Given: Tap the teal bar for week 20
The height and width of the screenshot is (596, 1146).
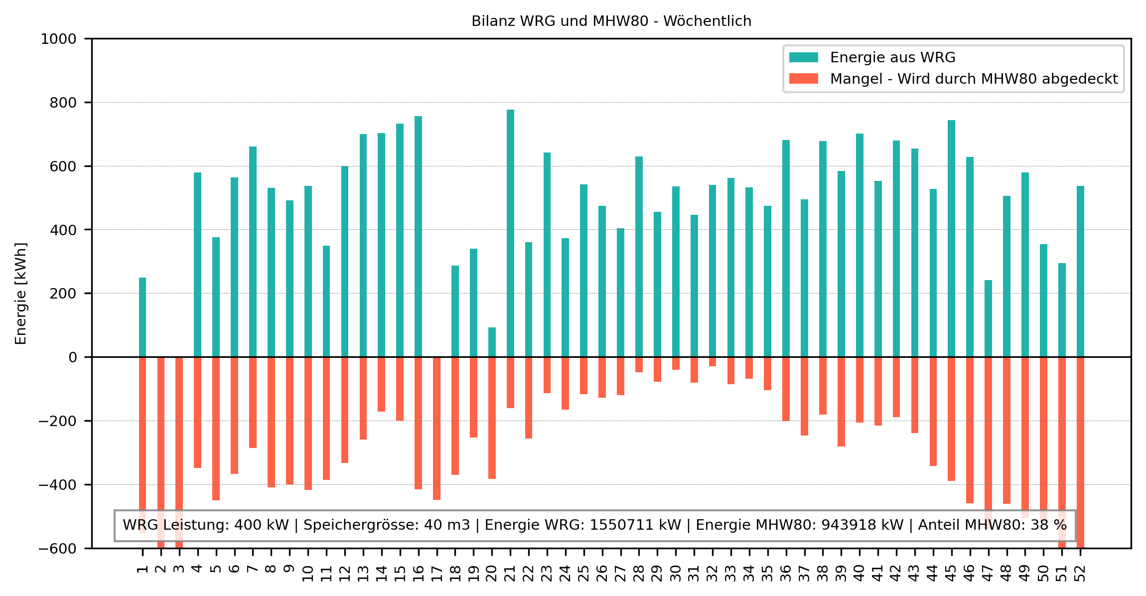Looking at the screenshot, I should pyautogui.click(x=492, y=342).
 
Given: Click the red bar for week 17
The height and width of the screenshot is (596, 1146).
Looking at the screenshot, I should pyautogui.click(x=436, y=428).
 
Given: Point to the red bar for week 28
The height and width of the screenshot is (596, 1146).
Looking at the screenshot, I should pyautogui.click(x=639, y=364).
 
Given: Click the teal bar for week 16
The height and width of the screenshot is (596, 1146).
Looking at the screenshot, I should pyautogui.click(x=418, y=236).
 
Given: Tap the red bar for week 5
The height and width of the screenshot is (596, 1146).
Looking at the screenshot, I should pyautogui.click(x=216, y=428).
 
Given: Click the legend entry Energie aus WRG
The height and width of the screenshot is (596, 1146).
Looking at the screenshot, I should pyautogui.click(x=892, y=58).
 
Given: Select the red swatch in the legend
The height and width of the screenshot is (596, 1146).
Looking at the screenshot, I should pyautogui.click(x=803, y=79).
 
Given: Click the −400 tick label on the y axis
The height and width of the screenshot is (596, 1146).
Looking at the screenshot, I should pyautogui.click(x=58, y=484).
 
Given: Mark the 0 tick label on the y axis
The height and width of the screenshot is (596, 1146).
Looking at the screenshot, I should pyautogui.click(x=73, y=357).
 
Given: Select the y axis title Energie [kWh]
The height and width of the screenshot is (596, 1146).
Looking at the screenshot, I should pyautogui.click(x=21, y=294).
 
